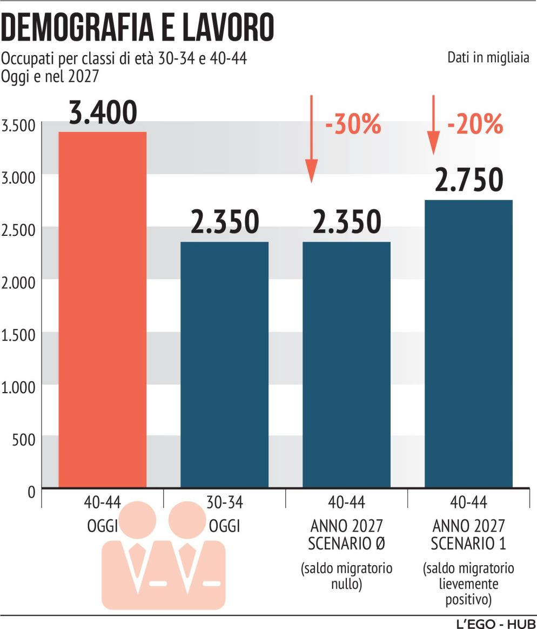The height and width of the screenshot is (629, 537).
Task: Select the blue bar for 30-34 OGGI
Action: [x=224, y=365]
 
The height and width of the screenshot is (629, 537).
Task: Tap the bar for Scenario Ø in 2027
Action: [x=346, y=365]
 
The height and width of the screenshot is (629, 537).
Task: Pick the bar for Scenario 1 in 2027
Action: [x=468, y=344]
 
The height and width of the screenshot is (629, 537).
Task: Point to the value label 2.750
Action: [x=468, y=181]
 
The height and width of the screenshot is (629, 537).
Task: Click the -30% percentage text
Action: [x=353, y=125]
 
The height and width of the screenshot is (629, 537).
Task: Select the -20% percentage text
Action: [x=475, y=125]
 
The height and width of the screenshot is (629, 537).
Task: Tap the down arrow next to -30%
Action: [x=311, y=138]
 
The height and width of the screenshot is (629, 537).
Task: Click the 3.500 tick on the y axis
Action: [x=18, y=126]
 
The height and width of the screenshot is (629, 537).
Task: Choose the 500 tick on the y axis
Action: [x=23, y=440]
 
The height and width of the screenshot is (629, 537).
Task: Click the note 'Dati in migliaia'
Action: [x=487, y=58]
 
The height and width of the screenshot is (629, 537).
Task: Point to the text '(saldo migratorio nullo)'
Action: [x=346, y=577]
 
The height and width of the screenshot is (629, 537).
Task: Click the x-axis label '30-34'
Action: [x=224, y=502]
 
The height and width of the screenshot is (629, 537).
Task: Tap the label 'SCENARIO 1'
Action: [x=468, y=544]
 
